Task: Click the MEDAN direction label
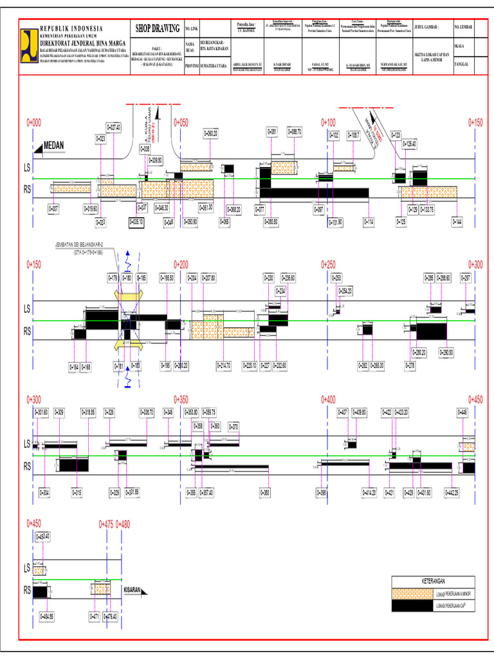coord(54,145)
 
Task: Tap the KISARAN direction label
coord(133,589)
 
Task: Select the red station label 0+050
coord(181,121)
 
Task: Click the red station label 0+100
coord(328,121)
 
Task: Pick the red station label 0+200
coord(181,264)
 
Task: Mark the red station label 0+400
coord(328,399)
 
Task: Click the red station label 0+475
coord(106,524)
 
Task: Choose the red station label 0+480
coord(122,524)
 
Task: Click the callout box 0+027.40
coord(113,128)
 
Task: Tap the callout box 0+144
coord(457,222)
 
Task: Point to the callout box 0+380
coord(265,492)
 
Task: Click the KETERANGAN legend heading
coord(433,580)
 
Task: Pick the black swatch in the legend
coord(412,606)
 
